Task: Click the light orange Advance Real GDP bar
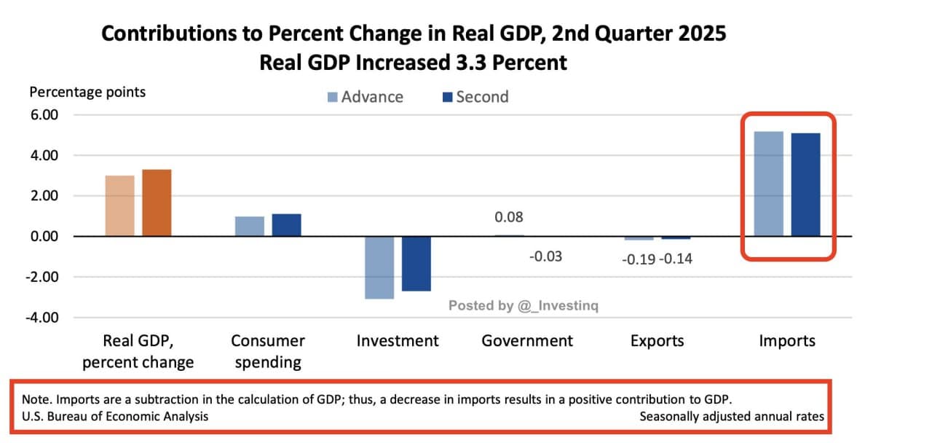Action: point(119,205)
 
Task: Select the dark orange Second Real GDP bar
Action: point(157,203)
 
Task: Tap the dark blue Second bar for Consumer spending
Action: point(286,225)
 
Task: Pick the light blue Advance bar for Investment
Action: point(379,267)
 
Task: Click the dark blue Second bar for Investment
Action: point(416,264)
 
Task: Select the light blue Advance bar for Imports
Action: point(769,184)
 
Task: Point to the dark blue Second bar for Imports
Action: point(806,184)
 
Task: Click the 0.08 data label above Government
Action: point(508,217)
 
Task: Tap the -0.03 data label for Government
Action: point(545,256)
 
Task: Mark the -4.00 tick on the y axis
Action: point(43,318)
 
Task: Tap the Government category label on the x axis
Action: point(527,341)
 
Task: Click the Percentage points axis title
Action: point(87,92)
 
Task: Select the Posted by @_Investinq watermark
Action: point(523,306)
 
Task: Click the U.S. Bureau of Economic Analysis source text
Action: point(114,416)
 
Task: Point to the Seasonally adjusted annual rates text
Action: point(732,416)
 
